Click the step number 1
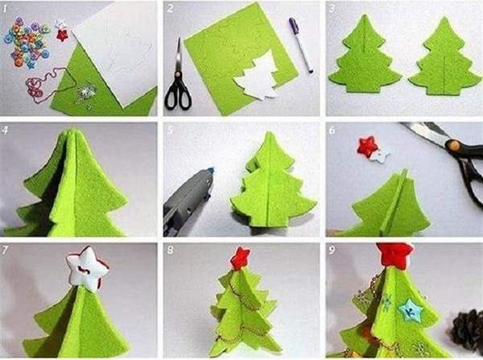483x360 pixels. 5,9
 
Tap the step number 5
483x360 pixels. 171,130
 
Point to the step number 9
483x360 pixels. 332,250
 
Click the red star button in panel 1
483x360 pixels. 62,35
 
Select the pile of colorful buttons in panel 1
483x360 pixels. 27,42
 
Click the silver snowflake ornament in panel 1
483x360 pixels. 85,93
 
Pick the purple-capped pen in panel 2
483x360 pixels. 301,45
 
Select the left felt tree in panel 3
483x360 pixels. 365,56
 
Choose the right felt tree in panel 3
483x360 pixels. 444,58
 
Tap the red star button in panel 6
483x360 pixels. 367,146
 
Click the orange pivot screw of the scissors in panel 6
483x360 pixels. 453,145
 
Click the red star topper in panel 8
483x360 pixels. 240,259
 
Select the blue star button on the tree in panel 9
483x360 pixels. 410,309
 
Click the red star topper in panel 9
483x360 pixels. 394,254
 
